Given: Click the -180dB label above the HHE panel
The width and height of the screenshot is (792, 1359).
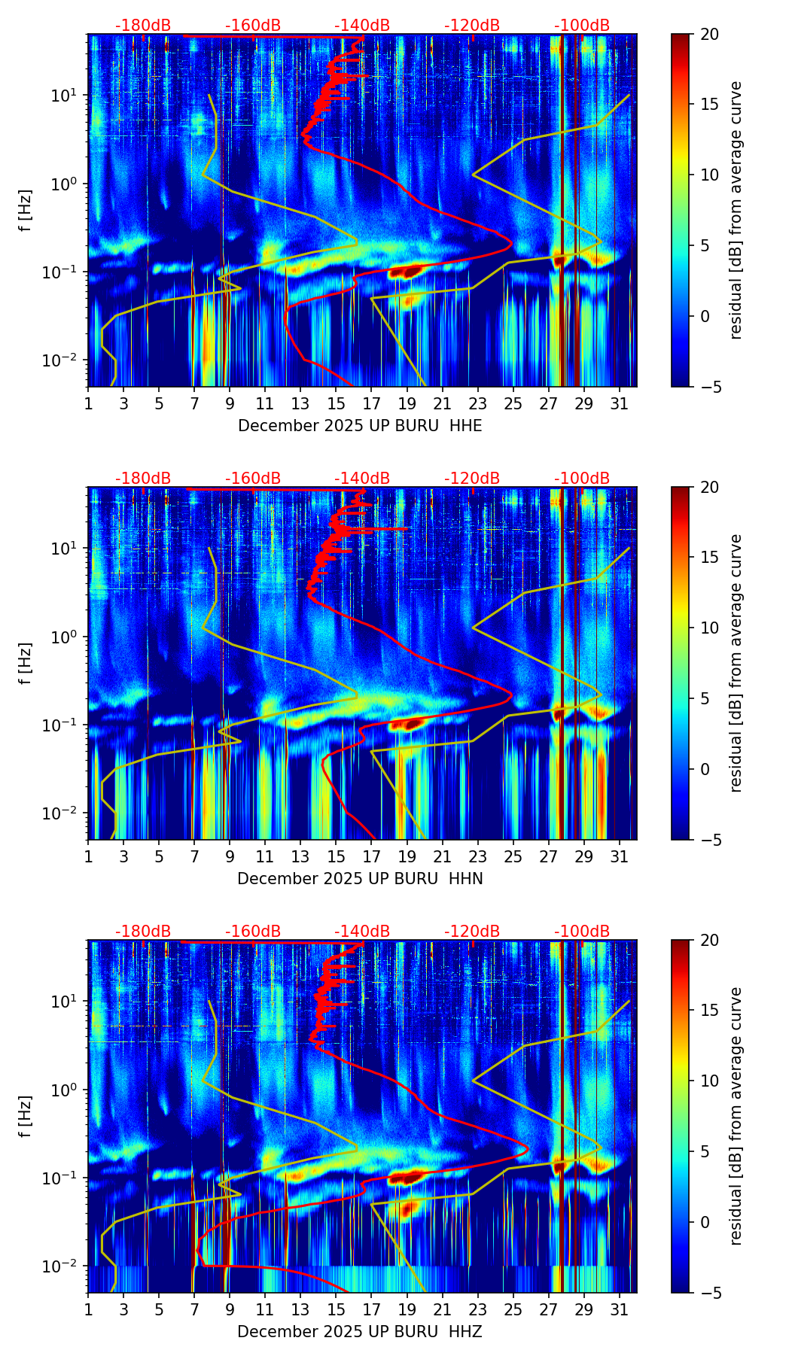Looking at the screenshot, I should click(x=143, y=26).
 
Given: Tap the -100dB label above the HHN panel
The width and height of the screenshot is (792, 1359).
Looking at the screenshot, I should click(x=582, y=479).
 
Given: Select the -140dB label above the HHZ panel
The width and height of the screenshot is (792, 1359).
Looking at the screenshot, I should click(x=362, y=932).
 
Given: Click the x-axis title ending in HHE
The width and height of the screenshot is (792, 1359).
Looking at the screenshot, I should click(x=360, y=426).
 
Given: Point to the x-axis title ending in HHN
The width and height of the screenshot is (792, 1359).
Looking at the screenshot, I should click(x=360, y=879).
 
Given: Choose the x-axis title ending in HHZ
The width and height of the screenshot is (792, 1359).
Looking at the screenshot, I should click(x=360, y=1332).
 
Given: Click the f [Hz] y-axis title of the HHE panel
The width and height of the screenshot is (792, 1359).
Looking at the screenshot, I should click(x=26, y=211).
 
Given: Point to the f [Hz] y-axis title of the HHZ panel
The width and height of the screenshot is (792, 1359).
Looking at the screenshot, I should click(x=26, y=1117).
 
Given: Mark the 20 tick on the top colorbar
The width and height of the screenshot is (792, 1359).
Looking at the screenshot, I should click(x=709, y=35).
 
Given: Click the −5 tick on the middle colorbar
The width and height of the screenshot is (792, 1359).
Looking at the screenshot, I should click(x=709, y=840).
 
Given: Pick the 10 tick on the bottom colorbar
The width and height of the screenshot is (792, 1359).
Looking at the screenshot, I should click(x=709, y=1081).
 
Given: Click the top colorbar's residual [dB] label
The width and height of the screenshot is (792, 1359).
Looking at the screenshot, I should click(x=736, y=211).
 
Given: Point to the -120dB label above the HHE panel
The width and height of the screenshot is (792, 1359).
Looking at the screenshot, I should click(x=472, y=26).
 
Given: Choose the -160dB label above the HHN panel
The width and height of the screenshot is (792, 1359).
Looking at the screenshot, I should click(x=253, y=479).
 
